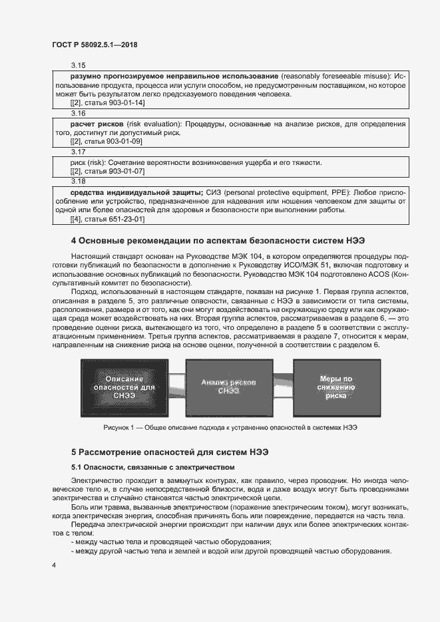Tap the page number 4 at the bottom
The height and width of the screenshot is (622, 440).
[x=53, y=565]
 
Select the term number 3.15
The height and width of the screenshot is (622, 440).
[x=79, y=66]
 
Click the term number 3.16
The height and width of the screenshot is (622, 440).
[x=79, y=114]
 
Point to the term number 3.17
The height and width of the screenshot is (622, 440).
[x=79, y=152]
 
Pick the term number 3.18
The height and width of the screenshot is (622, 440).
[x=79, y=180]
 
